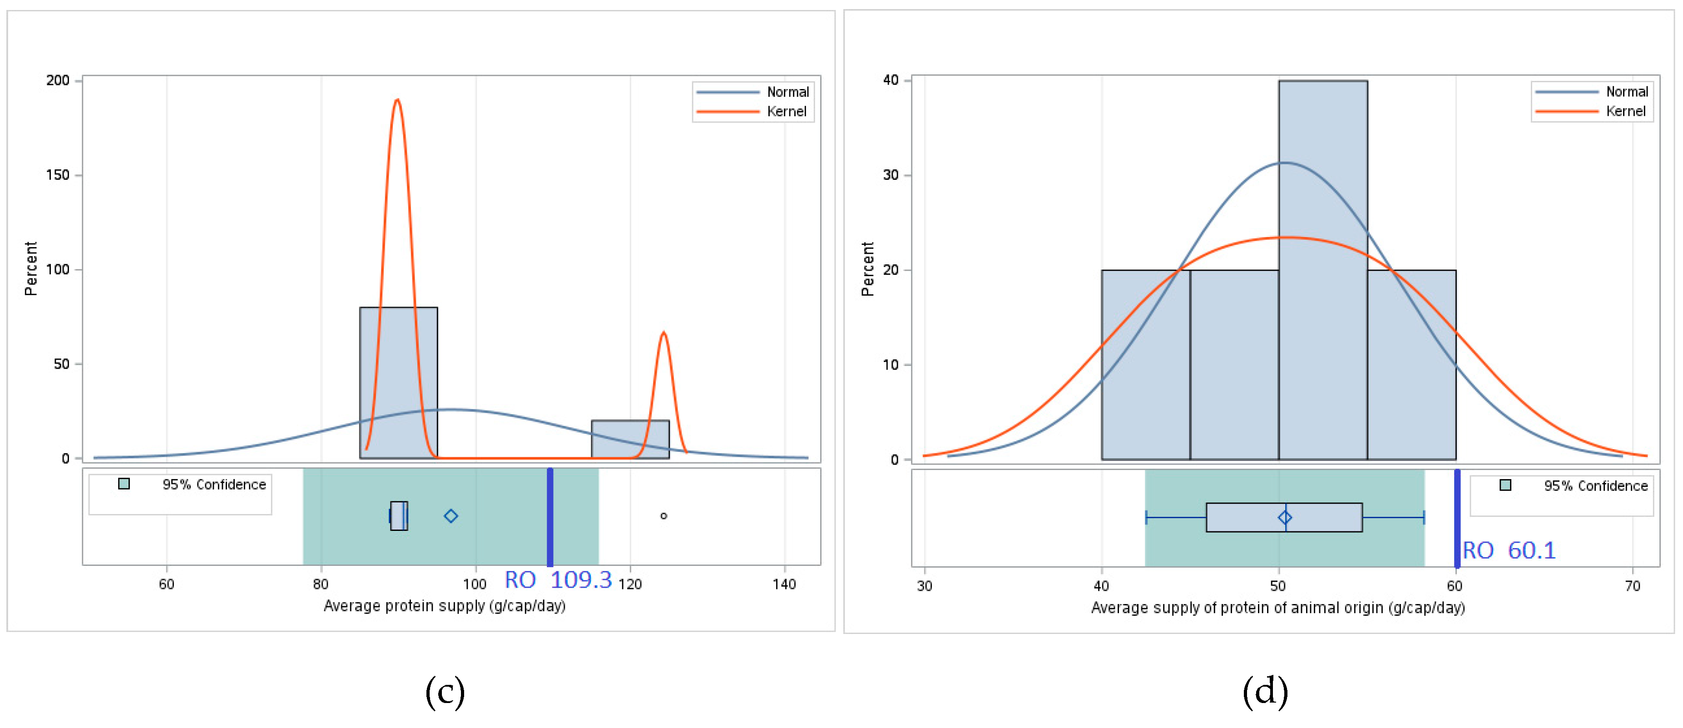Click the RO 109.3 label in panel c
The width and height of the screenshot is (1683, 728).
558,579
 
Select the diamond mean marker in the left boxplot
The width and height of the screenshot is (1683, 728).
451,516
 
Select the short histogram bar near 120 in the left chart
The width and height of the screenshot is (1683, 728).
630,439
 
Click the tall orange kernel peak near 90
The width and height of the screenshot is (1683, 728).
397,102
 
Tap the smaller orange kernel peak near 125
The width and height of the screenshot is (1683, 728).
663,335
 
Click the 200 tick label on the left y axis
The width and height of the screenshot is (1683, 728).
58,80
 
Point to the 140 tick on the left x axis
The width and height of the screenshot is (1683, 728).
783,584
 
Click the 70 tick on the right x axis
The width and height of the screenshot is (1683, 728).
1632,585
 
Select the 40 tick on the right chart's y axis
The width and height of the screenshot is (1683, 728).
891,80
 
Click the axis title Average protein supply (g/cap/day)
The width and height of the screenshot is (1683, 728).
444,606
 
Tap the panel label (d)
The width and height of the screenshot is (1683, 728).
1265,691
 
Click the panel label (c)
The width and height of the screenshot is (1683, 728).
445,691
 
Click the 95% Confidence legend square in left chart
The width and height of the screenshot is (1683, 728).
124,484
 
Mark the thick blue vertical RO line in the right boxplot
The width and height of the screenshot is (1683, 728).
1457,518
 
